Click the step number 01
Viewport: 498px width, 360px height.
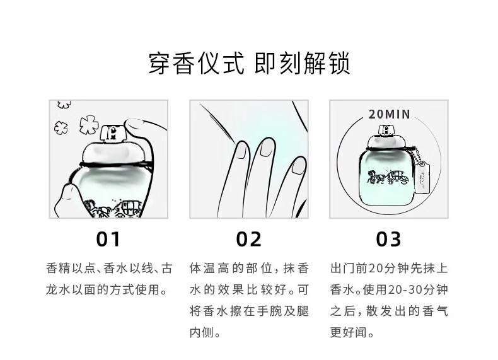(x=108, y=239)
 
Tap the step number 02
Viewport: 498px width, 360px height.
(x=248, y=239)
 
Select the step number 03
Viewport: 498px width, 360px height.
(x=388, y=239)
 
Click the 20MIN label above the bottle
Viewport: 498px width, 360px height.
(x=390, y=114)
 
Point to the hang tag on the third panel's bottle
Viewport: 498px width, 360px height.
(x=423, y=178)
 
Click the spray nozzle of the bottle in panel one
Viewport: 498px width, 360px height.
(x=113, y=133)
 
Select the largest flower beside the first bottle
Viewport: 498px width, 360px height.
(x=89, y=124)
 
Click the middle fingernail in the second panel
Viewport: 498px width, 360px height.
(x=267, y=148)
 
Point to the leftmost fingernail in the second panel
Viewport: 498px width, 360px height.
(x=241, y=149)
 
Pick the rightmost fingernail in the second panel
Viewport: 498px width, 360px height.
(x=299, y=166)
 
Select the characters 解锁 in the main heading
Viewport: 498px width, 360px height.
(x=327, y=64)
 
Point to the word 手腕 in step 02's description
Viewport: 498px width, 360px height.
(x=270, y=311)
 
